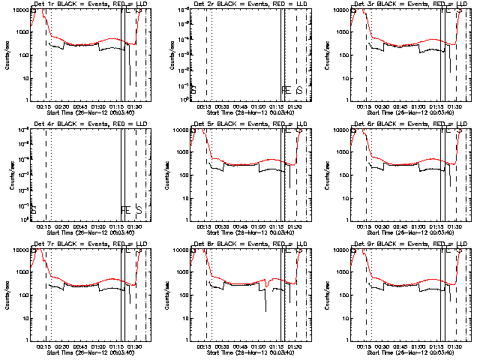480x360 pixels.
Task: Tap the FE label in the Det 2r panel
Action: click(x=286, y=91)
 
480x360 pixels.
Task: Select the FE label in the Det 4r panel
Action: click(x=125, y=210)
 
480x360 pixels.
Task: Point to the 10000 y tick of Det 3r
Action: click(x=342, y=10)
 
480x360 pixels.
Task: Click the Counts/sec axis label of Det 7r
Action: click(x=8, y=295)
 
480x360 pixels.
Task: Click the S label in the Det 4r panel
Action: click(x=138, y=210)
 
